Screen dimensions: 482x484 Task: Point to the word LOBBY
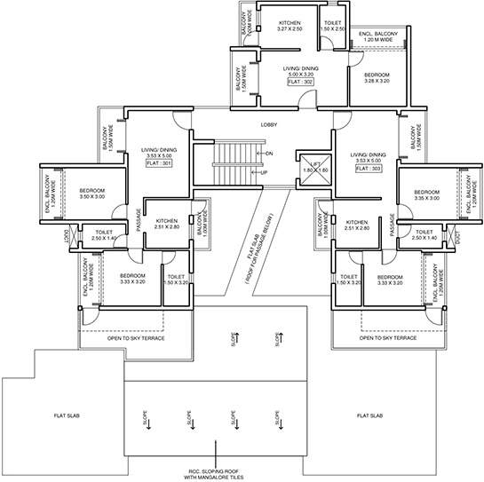[x=268, y=125]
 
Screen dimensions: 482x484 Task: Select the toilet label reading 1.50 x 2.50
[x=333, y=29]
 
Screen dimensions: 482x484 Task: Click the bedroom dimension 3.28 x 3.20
[x=371, y=81]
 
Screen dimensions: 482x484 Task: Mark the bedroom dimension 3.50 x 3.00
[x=93, y=197]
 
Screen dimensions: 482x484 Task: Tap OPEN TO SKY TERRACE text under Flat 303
[x=388, y=338]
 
